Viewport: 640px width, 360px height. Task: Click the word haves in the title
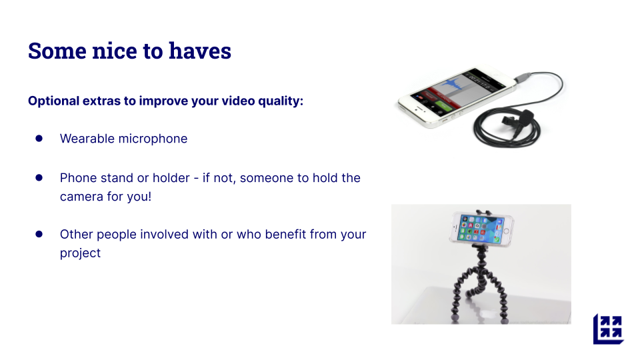(x=200, y=51)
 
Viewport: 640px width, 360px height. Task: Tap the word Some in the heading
(x=57, y=51)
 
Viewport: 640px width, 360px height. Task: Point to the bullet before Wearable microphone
(x=39, y=139)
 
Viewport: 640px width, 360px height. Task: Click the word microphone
(x=153, y=139)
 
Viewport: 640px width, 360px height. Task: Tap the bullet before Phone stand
(x=39, y=177)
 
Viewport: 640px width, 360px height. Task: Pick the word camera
(x=81, y=197)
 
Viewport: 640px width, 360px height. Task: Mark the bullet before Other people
(x=39, y=234)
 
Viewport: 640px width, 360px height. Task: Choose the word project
(x=80, y=253)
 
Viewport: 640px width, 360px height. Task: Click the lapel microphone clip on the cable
(x=517, y=117)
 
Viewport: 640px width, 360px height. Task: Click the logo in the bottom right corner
(x=608, y=329)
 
